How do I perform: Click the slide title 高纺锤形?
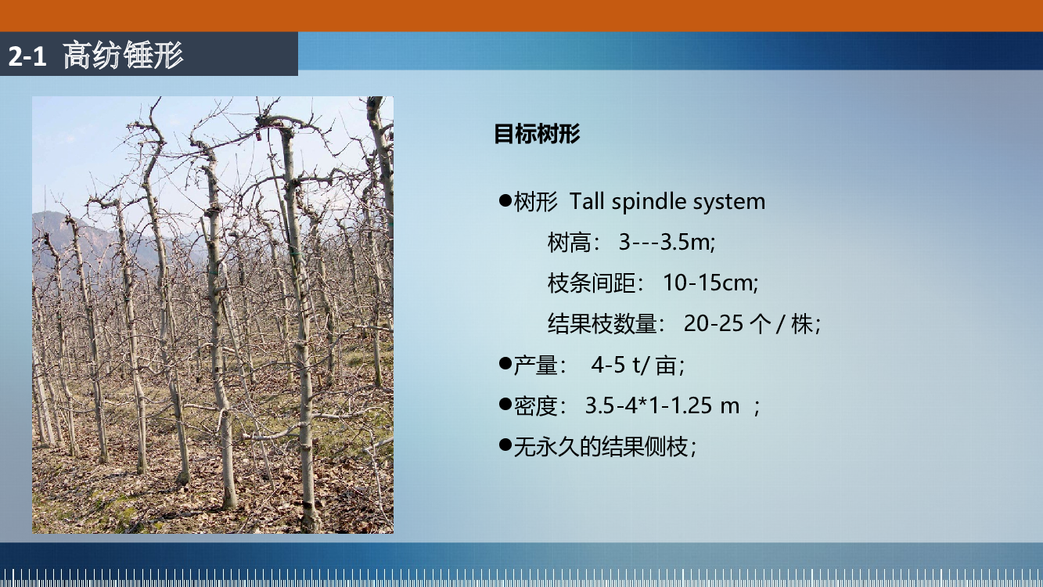(123, 55)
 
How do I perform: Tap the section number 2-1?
(27, 56)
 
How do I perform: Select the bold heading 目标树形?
(537, 134)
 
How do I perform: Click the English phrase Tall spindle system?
(667, 201)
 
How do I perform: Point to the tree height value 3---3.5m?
(667, 242)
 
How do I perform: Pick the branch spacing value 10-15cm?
(710, 283)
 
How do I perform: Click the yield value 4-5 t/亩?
(638, 364)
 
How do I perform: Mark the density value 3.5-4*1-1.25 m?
(662, 405)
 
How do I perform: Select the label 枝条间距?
(591, 283)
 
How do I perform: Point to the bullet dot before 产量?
(505, 362)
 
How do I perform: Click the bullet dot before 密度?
(505, 403)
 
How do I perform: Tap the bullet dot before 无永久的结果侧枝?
(505, 445)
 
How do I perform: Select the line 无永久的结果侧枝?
(604, 446)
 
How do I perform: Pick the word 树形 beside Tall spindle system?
(535, 202)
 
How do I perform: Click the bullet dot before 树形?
(505, 200)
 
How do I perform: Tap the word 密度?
(535, 405)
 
